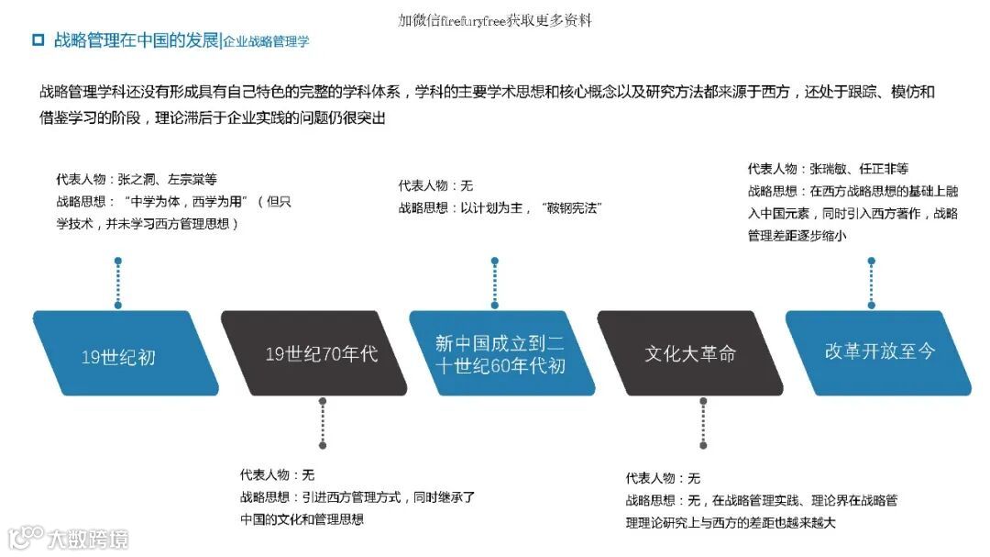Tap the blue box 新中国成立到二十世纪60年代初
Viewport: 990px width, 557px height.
point(500,353)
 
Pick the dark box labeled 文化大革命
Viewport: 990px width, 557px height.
point(689,353)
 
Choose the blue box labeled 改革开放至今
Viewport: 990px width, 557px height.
point(879,351)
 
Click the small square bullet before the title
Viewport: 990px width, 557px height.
point(38,39)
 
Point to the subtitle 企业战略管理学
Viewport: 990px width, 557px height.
point(266,41)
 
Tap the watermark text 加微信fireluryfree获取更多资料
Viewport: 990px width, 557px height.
point(495,19)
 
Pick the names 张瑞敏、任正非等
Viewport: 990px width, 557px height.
point(858,169)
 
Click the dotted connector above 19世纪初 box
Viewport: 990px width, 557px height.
point(117,285)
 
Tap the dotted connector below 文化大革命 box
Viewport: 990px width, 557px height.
point(703,423)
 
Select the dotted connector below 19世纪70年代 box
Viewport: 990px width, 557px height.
point(323,423)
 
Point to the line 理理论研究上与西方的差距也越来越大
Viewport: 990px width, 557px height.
point(731,523)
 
